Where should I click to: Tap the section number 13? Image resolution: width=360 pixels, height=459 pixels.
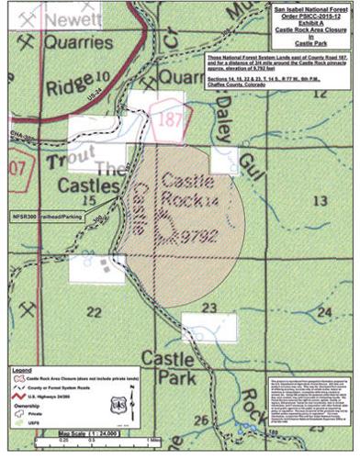coord(321,198)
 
